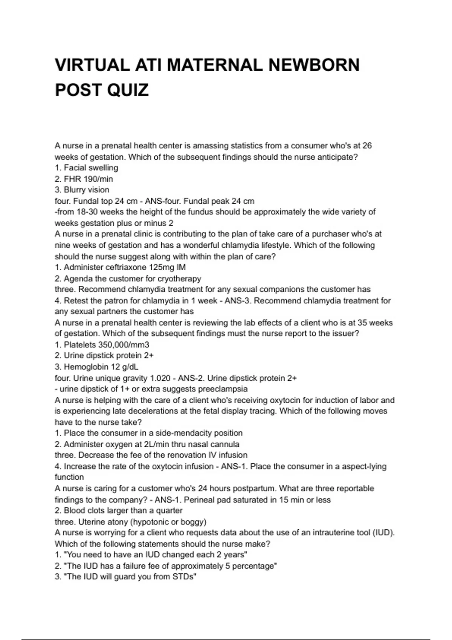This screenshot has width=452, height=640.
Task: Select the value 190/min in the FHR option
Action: coord(98,179)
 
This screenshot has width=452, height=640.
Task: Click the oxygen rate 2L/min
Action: coord(159,444)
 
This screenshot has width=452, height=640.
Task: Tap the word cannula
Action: coord(224,444)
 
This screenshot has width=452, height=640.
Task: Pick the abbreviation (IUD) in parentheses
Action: coord(383,533)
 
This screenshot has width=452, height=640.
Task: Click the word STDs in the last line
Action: coord(184,577)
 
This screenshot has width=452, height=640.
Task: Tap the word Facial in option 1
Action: coord(75,168)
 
